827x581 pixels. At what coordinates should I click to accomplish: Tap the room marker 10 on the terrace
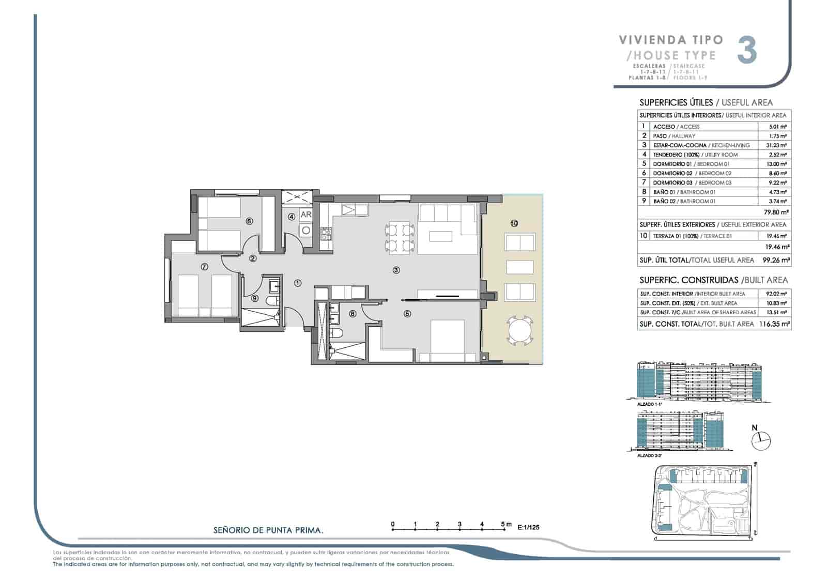pyautogui.click(x=514, y=223)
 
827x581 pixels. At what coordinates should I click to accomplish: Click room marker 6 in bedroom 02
pyautogui.click(x=249, y=221)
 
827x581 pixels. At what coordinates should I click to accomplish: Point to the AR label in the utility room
pyautogui.click(x=306, y=215)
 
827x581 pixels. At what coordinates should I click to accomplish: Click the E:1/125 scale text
pyautogui.click(x=528, y=528)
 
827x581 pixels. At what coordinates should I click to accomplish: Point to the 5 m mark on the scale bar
pyautogui.click(x=504, y=524)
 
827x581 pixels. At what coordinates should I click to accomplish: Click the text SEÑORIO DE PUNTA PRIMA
pyautogui.click(x=268, y=530)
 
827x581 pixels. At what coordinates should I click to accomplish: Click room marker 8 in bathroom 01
pyautogui.click(x=352, y=313)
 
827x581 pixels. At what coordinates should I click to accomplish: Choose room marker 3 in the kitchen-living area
pyautogui.click(x=396, y=270)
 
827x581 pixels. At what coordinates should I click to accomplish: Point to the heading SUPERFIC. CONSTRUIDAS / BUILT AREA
pyautogui.click(x=713, y=280)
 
